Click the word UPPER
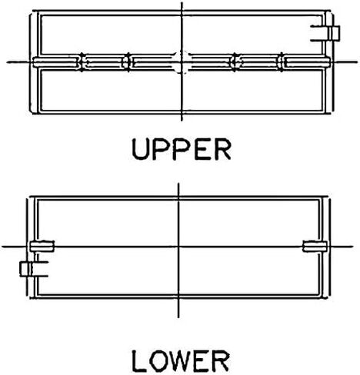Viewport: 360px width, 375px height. (x=182, y=149)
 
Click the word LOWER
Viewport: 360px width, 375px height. (x=181, y=361)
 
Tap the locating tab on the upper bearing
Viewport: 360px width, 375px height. (x=325, y=33)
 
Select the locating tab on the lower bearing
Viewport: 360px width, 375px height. (x=34, y=269)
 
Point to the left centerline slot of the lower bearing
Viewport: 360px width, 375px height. (x=42, y=246)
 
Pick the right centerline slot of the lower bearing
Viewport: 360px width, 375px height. (x=315, y=246)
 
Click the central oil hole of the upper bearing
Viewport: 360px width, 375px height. (x=182, y=62)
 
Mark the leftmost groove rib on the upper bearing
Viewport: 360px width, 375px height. (x=82, y=62)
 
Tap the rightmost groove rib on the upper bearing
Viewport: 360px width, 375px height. (x=282, y=62)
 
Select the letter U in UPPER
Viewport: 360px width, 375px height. (x=140, y=150)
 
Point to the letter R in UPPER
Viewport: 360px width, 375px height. (x=223, y=149)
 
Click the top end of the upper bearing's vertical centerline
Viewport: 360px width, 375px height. (x=182, y=2)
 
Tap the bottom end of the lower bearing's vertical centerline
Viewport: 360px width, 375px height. (x=178, y=317)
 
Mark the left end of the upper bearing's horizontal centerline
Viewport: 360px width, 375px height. (x=7, y=62)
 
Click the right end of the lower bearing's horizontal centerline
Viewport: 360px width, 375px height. (x=353, y=247)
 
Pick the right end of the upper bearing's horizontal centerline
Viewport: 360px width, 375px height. (x=357, y=62)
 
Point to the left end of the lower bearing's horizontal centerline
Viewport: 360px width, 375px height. (x=2, y=247)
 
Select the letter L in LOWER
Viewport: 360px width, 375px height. (x=140, y=361)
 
